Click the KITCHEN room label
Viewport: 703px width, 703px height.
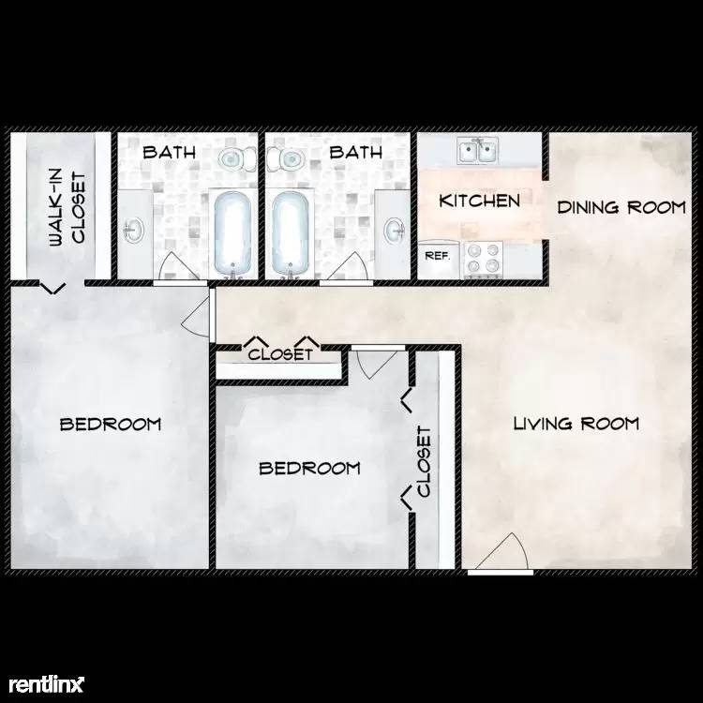coord(479,201)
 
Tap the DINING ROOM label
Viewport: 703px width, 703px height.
coord(621,207)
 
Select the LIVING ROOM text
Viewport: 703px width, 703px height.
coord(576,424)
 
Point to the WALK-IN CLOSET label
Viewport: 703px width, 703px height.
coord(67,208)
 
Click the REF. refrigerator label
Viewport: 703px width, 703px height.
coord(437,256)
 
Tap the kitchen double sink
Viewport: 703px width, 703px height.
coord(477,151)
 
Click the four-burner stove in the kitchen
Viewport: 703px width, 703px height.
coord(483,259)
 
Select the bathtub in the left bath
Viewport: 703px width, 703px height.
coord(232,233)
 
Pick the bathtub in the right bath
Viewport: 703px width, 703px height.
coord(290,233)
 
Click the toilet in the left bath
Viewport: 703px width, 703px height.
coord(237,157)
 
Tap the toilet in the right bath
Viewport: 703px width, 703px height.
coord(286,158)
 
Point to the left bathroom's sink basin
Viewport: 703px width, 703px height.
coord(134,230)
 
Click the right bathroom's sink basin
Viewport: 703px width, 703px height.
coord(395,230)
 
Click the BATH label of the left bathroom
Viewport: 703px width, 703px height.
coord(170,153)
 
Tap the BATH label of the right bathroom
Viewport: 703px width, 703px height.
coord(356,153)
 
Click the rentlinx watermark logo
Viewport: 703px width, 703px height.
coord(47,684)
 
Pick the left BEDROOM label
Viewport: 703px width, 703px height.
coord(111,424)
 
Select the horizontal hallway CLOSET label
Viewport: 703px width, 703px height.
coord(280,354)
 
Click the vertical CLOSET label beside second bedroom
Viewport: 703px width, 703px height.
coord(424,461)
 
